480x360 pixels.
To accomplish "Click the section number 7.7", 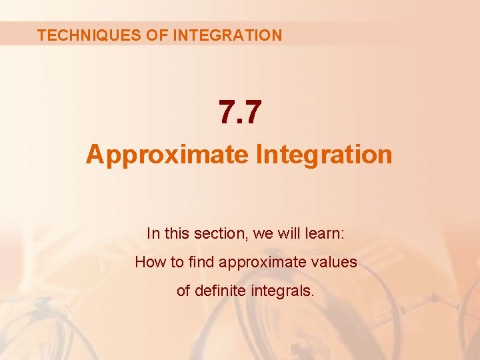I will coord(240,111).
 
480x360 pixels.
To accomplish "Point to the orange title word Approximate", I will coord(167,154).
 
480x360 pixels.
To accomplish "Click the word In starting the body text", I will coord(153,233).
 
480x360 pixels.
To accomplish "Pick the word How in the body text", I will coord(149,262).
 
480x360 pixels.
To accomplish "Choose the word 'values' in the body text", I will coord(334,262).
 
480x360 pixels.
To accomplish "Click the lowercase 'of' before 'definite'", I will coord(183,291).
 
